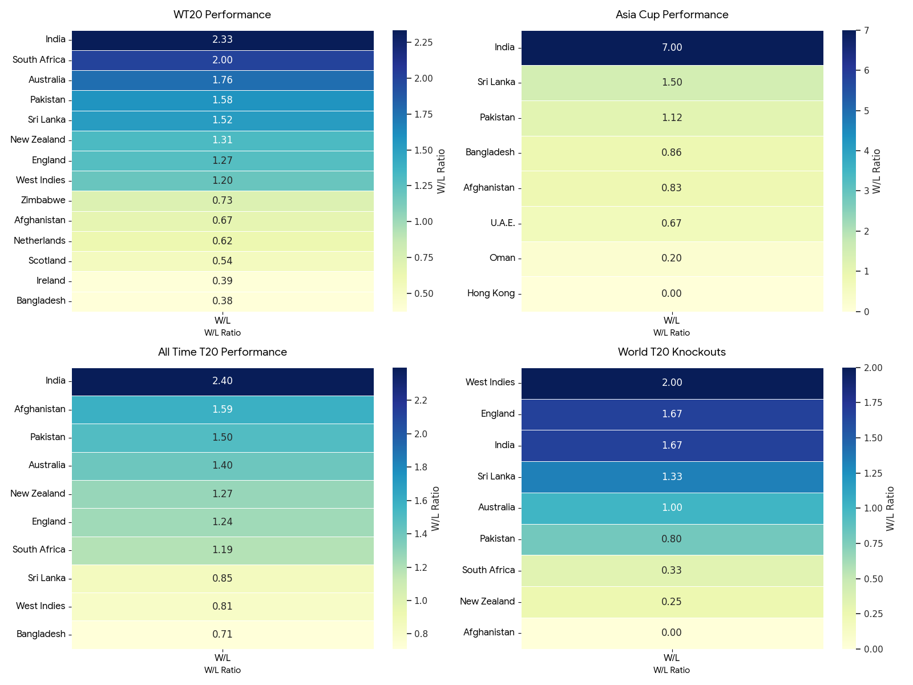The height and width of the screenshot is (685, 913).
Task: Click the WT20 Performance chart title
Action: [x=222, y=15]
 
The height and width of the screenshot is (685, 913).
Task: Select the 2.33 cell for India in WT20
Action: [x=223, y=40]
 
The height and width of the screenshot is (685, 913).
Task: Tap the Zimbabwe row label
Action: [x=43, y=200]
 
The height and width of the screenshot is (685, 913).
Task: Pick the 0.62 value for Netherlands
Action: [x=223, y=241]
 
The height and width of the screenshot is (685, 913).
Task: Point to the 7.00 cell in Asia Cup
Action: [x=672, y=47]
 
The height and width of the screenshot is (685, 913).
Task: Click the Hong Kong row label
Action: [x=491, y=293]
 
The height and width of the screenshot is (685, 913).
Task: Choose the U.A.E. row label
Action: [x=503, y=223]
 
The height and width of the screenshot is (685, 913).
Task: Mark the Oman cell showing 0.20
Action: [x=672, y=258]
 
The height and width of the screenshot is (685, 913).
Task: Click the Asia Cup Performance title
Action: [x=672, y=15]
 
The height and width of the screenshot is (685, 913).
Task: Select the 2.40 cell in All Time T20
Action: [x=223, y=381]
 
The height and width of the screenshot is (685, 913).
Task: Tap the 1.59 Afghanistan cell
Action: [x=223, y=409]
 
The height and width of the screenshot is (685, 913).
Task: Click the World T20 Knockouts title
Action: [x=672, y=352]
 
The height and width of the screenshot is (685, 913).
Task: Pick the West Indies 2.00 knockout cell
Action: [x=672, y=383]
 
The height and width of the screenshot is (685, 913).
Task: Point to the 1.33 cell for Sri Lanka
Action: [x=672, y=477]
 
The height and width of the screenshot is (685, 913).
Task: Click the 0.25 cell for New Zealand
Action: [x=672, y=602]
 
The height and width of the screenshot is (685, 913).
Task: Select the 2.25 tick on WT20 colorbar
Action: [x=423, y=42]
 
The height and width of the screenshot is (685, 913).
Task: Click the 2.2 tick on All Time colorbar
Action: [x=421, y=401]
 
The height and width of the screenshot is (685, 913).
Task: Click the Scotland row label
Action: [x=47, y=261]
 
